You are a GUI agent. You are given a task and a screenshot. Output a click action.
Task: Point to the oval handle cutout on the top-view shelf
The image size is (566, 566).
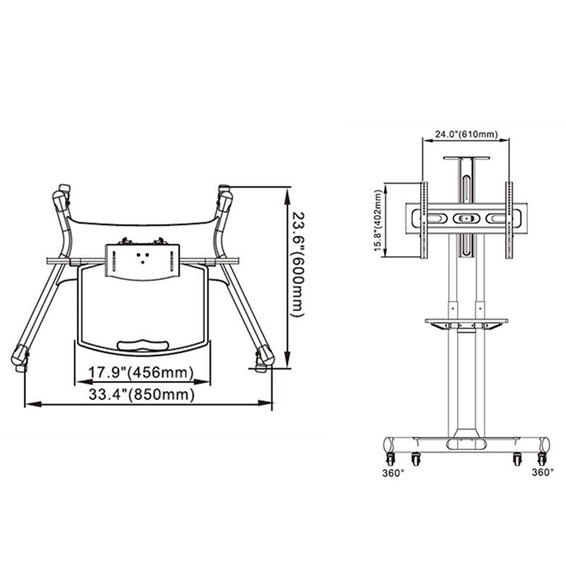pyautogui.click(x=143, y=344)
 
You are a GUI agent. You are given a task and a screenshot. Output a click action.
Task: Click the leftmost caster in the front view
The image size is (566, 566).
pyautogui.click(x=414, y=460)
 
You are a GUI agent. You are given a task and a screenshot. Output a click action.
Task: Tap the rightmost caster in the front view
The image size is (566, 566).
pyautogui.click(x=518, y=460)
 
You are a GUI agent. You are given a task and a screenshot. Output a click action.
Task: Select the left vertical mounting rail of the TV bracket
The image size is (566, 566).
pyautogui.click(x=424, y=219)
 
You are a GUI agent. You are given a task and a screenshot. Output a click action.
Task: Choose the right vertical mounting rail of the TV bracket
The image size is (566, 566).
pyautogui.click(x=508, y=219)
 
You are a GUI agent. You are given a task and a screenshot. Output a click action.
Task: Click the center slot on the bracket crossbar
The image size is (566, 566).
pyautogui.click(x=466, y=219)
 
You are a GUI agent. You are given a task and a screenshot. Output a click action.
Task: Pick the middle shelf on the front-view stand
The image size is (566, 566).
pyautogui.click(x=466, y=322)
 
